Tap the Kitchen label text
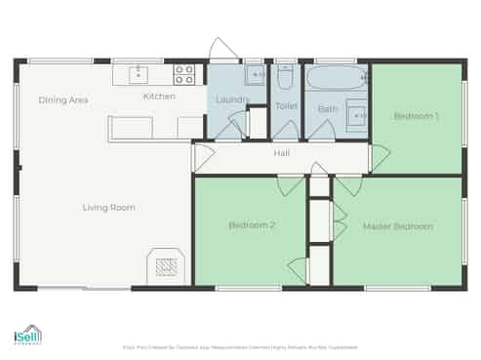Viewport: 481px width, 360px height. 159,97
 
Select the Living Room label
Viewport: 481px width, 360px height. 108,207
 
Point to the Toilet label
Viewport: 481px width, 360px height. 286,105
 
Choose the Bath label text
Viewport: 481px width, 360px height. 327,108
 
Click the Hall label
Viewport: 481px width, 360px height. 281,153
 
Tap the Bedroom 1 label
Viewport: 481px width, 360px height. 416,116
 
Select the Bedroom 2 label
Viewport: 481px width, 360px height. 252,225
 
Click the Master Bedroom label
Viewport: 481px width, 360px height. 397,226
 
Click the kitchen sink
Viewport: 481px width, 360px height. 139,73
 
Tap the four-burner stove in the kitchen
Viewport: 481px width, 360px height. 183,73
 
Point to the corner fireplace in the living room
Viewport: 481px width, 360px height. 166,264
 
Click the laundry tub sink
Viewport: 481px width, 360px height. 256,74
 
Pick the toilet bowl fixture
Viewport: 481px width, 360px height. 286,77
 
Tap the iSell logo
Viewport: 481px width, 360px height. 27,336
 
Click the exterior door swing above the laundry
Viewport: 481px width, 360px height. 220,49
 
